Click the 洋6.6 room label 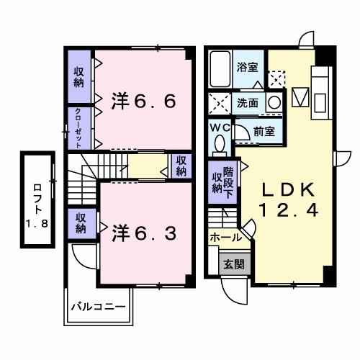point(143,102)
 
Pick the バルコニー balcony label point(99,306)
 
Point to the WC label point(219,127)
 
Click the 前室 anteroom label point(264,131)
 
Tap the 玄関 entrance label point(233,264)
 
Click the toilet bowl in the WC point(220,143)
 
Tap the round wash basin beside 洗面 point(274,102)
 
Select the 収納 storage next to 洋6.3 point(81,223)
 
